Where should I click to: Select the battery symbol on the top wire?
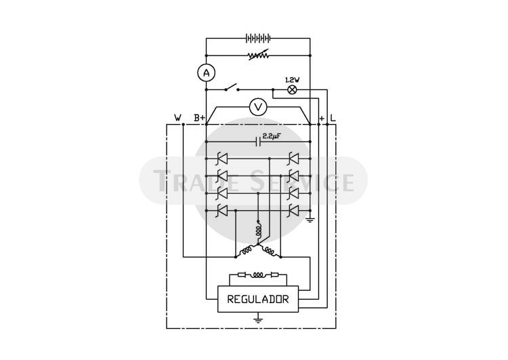pyautogui.click(x=258, y=39)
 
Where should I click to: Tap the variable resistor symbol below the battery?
pyautogui.click(x=258, y=55)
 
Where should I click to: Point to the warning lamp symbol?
pyautogui.click(x=292, y=89)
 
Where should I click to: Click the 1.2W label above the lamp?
pyautogui.click(x=292, y=80)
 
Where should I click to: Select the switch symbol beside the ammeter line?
pyautogui.click(x=232, y=88)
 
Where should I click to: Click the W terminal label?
pyautogui.click(x=178, y=118)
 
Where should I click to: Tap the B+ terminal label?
pyautogui.click(x=199, y=118)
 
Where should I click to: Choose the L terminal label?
pyautogui.click(x=333, y=118)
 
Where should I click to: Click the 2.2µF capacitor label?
pyautogui.click(x=271, y=136)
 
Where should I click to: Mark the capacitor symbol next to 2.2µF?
pyautogui.click(x=258, y=142)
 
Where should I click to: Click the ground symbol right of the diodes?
pyautogui.click(x=310, y=220)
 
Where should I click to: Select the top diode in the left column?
pyautogui.click(x=223, y=159)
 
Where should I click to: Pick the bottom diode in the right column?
pyautogui.click(x=293, y=211)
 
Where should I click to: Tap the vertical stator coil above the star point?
pyautogui.click(x=258, y=229)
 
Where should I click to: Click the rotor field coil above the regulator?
pyautogui.click(x=258, y=275)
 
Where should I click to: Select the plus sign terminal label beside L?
pyautogui.click(x=321, y=119)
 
